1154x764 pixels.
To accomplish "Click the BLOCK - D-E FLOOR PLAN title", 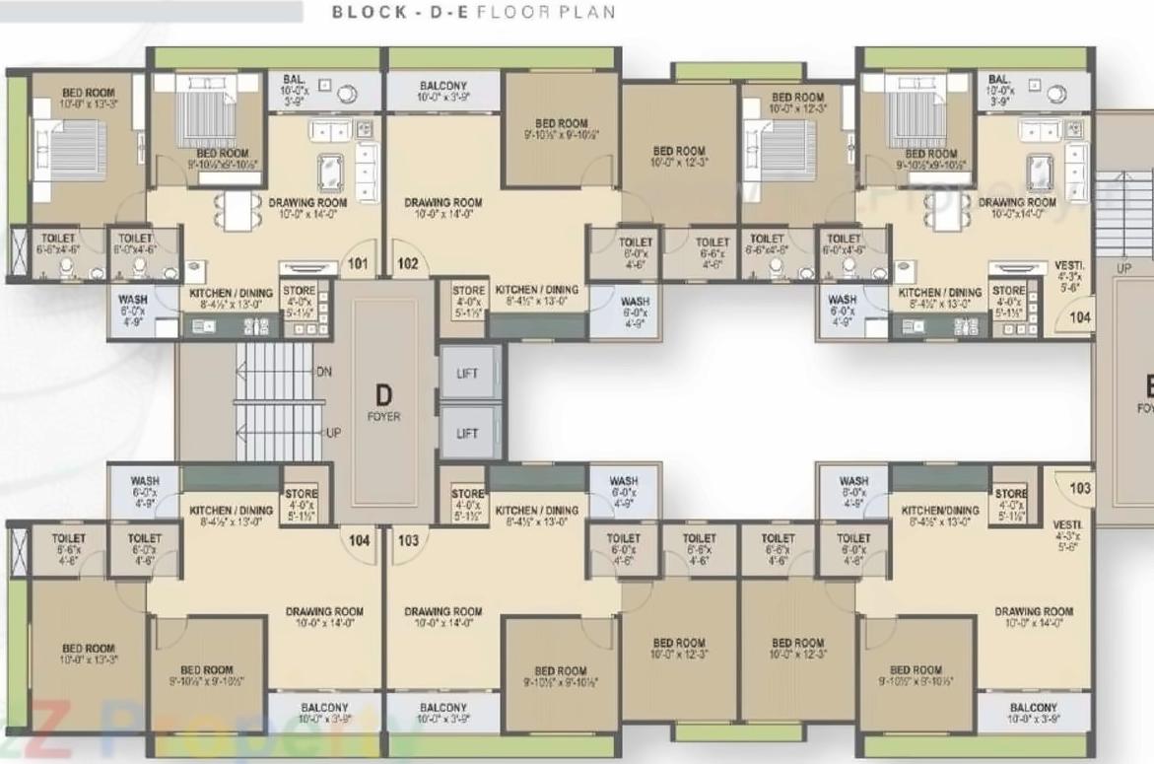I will tap(473, 13).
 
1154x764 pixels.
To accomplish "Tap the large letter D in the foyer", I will tap(383, 395).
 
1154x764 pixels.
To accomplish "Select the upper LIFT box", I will tap(468, 375).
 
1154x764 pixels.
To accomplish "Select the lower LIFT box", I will tap(468, 433).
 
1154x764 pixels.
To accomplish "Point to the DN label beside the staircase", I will tap(324, 372).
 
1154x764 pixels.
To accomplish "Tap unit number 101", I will tap(357, 263).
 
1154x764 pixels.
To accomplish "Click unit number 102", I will tap(408, 263).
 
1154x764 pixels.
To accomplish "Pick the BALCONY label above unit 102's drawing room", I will tap(442, 86).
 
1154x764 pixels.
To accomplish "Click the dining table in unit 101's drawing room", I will tap(238, 209).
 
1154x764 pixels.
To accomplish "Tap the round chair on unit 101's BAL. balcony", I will tap(347, 94).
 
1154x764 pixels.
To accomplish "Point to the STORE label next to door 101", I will tap(299, 291).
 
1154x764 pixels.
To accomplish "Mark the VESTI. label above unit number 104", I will tap(1069, 266).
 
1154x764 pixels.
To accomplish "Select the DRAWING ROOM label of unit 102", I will tap(442, 203).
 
